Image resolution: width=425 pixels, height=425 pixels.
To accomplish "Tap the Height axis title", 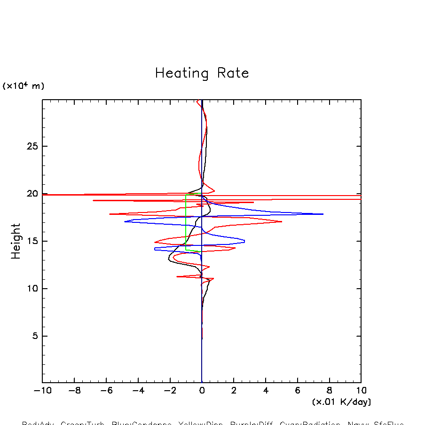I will coord(16,241).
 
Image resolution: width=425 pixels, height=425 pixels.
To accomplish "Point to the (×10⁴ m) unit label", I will coord(24,86).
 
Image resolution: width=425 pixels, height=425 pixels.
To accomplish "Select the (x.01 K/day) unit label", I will coord(341,402).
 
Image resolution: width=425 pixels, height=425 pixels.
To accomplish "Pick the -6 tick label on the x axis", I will coord(106,391).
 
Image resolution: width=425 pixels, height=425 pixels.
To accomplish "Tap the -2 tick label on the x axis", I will coord(170,391).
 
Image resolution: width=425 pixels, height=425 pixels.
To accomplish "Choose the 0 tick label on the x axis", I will coord(202,391).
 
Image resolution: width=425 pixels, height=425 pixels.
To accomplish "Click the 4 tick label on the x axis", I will coord(266,391).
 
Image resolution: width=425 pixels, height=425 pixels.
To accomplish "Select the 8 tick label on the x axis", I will coord(329,391).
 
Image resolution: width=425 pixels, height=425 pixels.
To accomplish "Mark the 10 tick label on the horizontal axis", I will coord(361,391).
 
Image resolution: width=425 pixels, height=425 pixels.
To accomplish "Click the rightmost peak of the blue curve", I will coord(323,214).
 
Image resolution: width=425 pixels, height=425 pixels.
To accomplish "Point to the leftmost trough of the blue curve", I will coord(125,221).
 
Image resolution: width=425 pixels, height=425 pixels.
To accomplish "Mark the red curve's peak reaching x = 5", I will coord(281,221).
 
